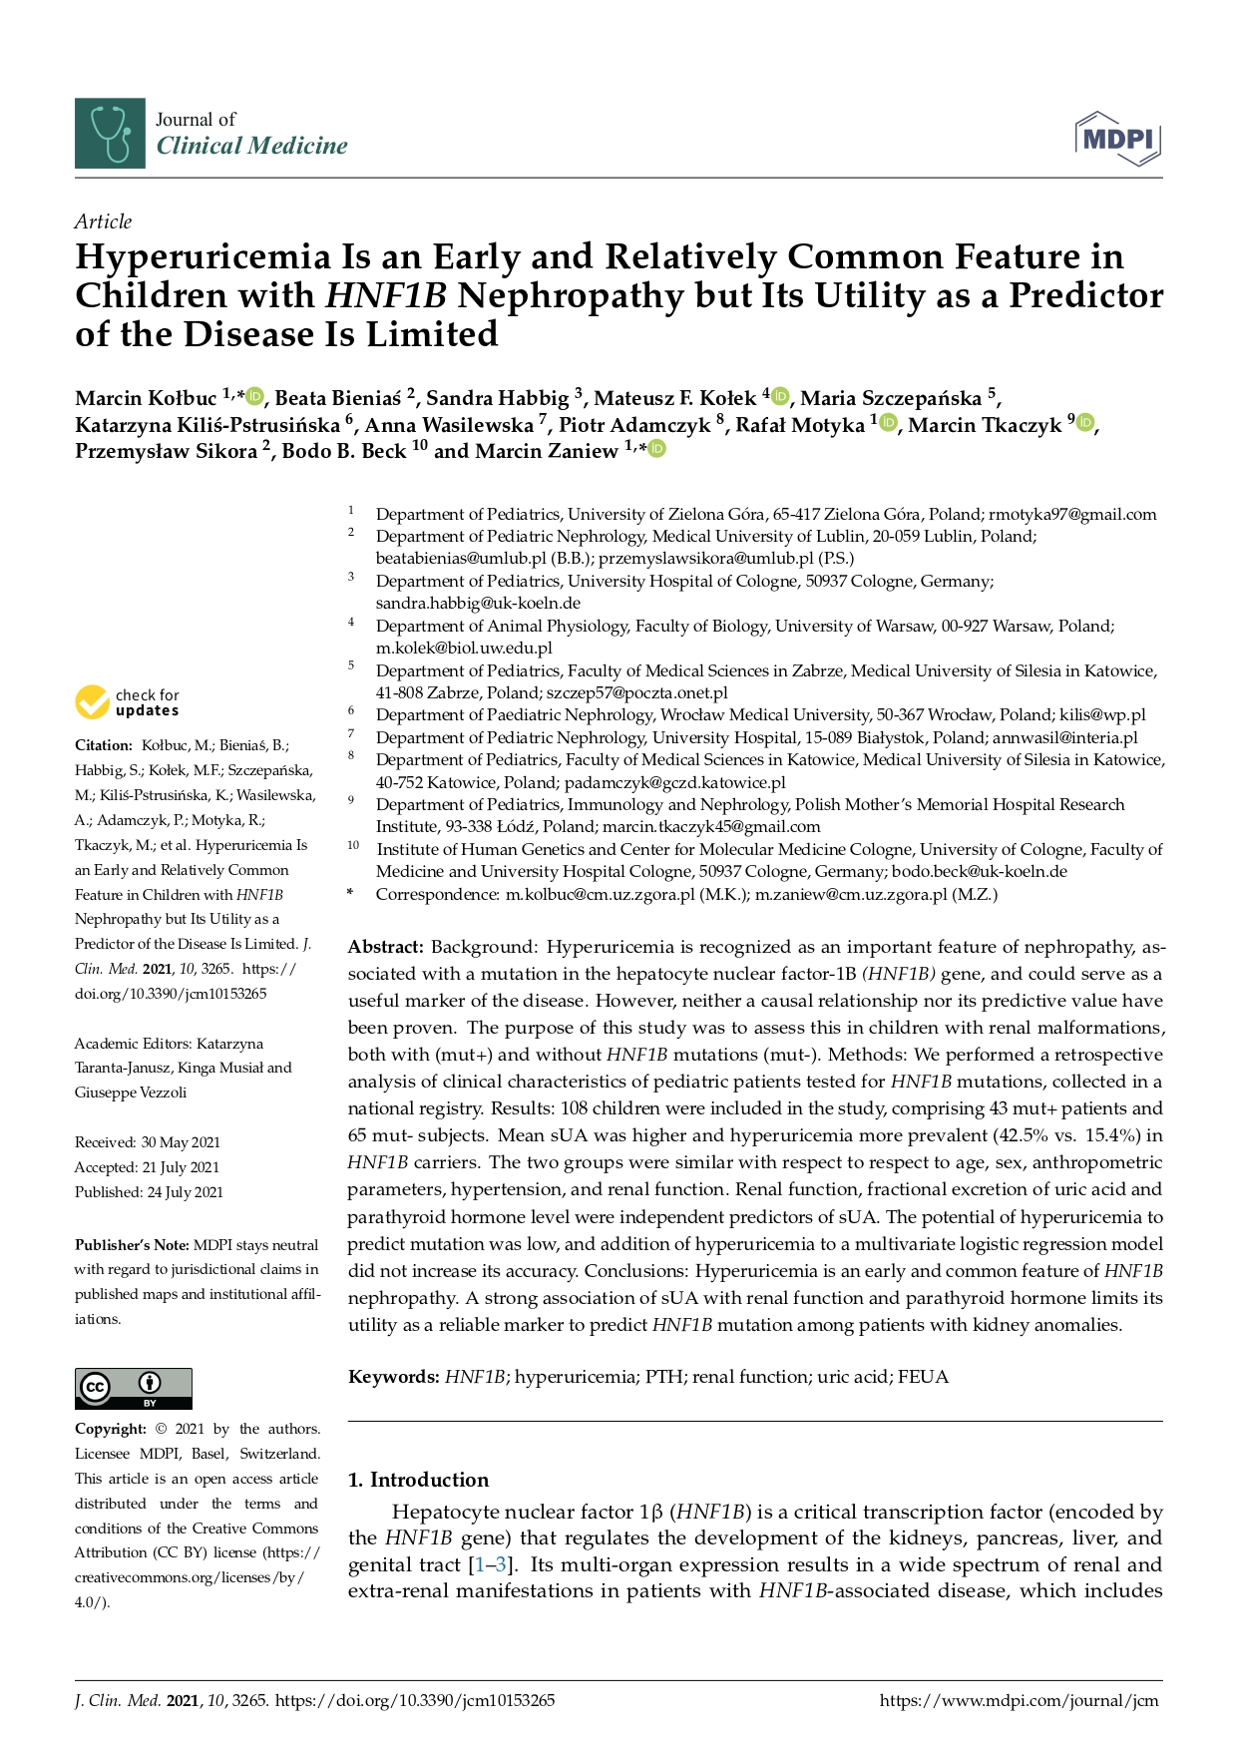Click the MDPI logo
tap(1118, 139)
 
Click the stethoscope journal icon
tap(110, 133)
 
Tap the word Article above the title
tap(103, 221)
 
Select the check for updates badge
tap(128, 702)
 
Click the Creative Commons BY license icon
tap(134, 1388)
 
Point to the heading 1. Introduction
tap(418, 1480)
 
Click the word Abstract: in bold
tap(386, 947)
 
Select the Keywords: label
tap(393, 1377)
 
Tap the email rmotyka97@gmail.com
tap(1072, 515)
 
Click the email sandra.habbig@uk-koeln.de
tap(478, 604)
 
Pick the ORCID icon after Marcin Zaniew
tap(657, 450)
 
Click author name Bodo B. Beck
tap(344, 451)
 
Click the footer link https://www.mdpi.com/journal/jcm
tap(1019, 1701)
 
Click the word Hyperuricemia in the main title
tap(204, 257)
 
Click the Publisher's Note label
tap(132, 1245)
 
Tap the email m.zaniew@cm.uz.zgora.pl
tap(851, 895)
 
